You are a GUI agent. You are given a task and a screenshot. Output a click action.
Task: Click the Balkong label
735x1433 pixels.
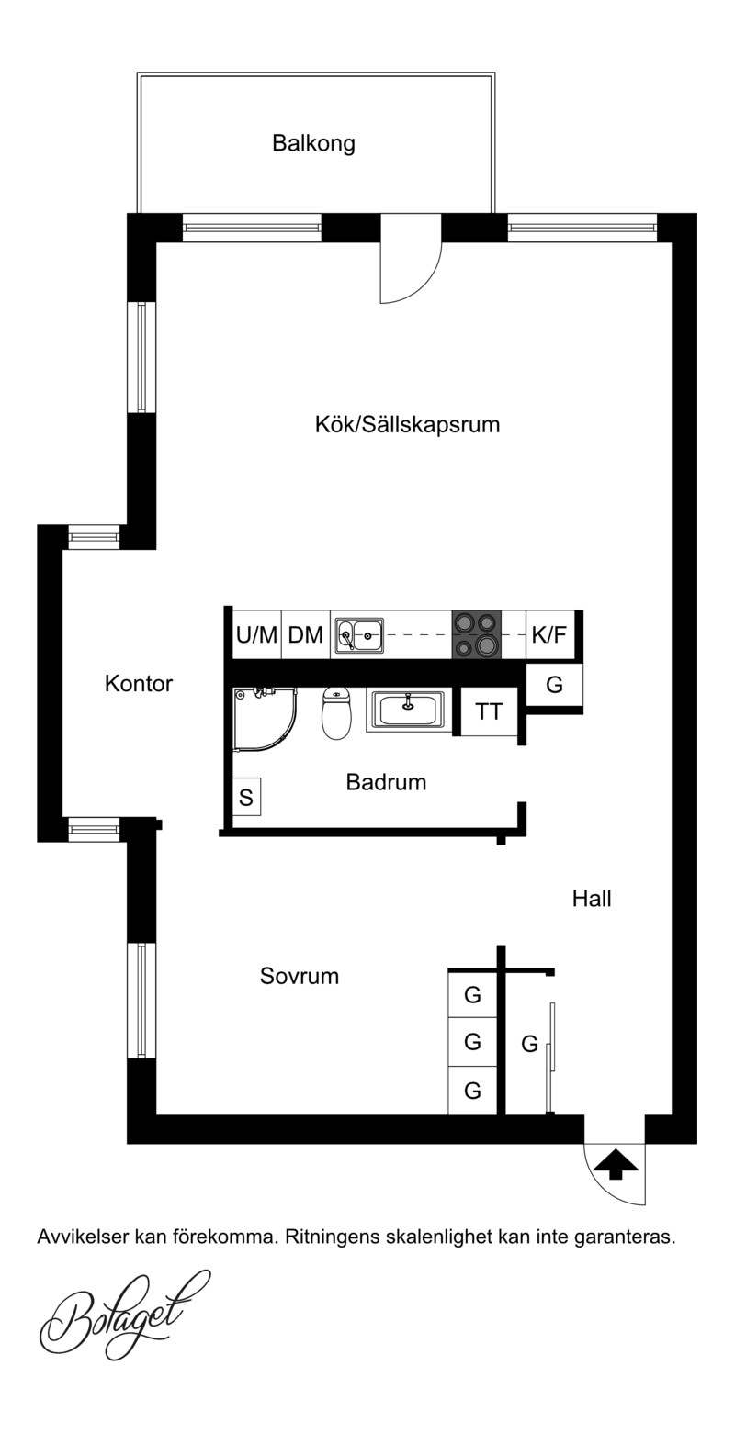(x=313, y=142)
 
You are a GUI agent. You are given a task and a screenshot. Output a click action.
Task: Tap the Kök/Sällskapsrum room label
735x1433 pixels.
(x=407, y=425)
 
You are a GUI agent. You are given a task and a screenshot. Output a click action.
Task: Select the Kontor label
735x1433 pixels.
(x=139, y=684)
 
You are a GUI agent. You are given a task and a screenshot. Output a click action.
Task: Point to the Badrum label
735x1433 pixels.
(x=386, y=782)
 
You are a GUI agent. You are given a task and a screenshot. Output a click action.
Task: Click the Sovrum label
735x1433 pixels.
(x=299, y=976)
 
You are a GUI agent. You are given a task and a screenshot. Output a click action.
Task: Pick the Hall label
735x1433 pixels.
(x=592, y=899)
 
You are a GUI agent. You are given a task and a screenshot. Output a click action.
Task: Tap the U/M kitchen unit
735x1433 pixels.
(x=256, y=634)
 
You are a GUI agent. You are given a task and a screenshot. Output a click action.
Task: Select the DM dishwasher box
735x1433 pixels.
(x=306, y=634)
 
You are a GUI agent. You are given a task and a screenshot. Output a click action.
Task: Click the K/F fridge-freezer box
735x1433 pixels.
(x=550, y=634)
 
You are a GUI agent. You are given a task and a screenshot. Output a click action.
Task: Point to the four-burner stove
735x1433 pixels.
(x=477, y=634)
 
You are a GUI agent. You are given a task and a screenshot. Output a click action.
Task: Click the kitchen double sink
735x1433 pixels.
(x=360, y=635)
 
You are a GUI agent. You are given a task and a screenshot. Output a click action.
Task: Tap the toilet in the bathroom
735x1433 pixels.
(x=337, y=712)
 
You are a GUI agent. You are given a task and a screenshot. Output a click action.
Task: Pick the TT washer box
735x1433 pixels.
(x=489, y=711)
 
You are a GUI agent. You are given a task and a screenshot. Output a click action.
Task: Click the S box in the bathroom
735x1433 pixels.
(x=246, y=797)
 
